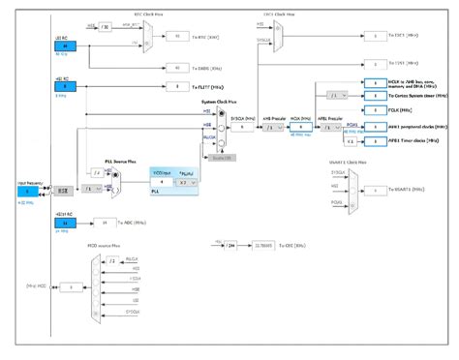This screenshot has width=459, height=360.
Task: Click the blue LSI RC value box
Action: coord(65,45)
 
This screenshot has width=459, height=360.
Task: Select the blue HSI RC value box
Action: coord(65,86)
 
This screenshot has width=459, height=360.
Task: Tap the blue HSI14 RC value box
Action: coord(65,223)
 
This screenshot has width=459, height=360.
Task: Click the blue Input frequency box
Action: coord(24,192)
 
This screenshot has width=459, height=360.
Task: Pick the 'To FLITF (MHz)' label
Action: coord(209,87)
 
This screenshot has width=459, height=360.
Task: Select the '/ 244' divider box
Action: coord(230,247)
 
